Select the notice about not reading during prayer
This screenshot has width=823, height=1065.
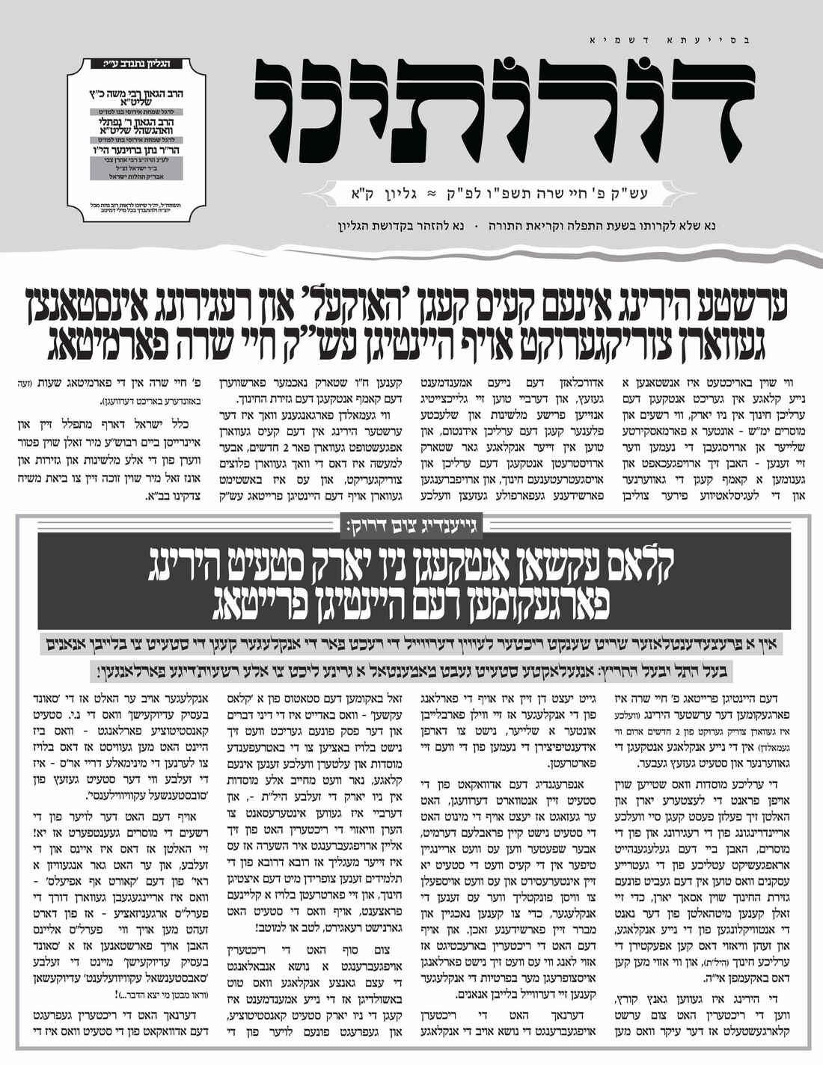[x=605, y=224]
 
